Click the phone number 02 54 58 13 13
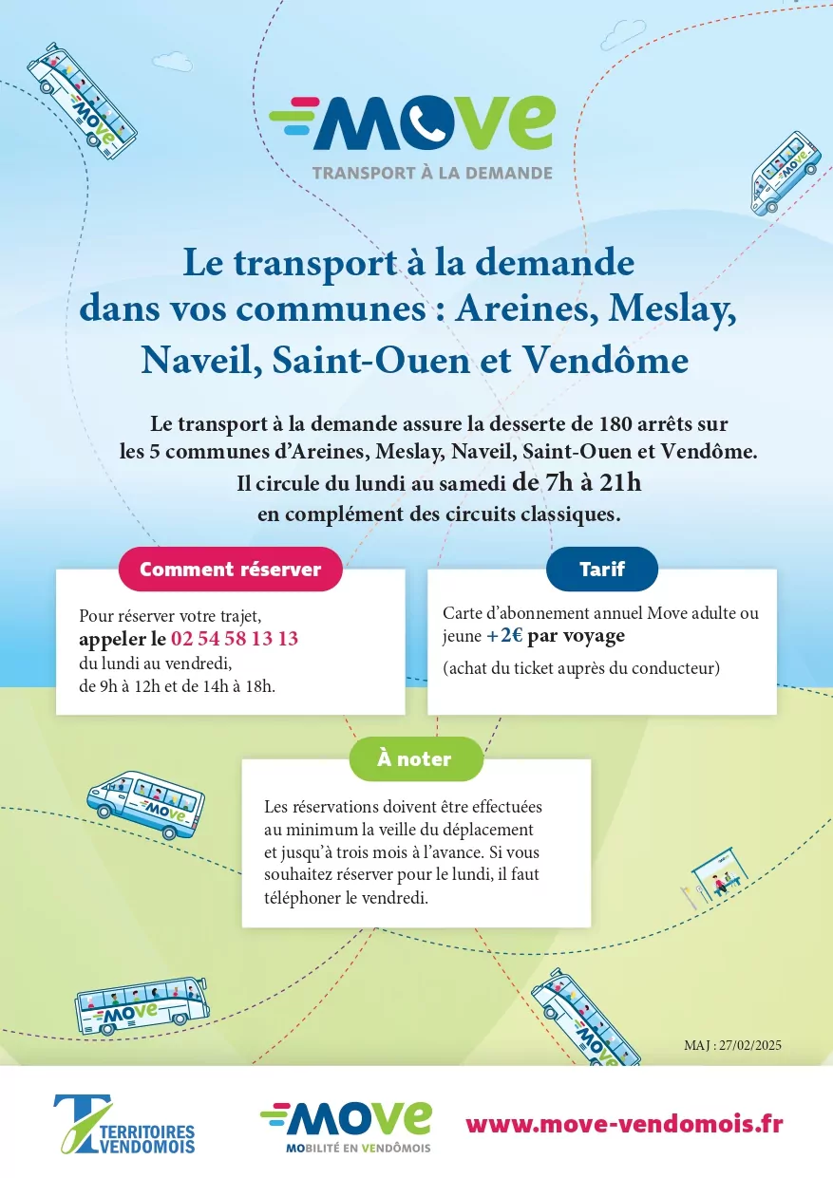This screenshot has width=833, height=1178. (x=235, y=638)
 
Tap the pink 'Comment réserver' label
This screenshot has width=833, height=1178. (x=230, y=570)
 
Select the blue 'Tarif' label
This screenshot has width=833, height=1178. (x=602, y=570)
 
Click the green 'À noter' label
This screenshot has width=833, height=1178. (x=415, y=759)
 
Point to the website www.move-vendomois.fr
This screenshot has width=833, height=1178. (x=624, y=1124)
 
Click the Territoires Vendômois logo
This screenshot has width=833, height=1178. (x=124, y=1125)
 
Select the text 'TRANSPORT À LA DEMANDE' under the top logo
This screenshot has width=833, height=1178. (x=432, y=174)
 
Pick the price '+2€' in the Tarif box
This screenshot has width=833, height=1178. (x=505, y=636)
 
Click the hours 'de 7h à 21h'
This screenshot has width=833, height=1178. (x=577, y=482)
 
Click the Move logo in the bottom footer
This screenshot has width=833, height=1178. (x=346, y=1126)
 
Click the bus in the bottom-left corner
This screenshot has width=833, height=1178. (x=142, y=1004)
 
